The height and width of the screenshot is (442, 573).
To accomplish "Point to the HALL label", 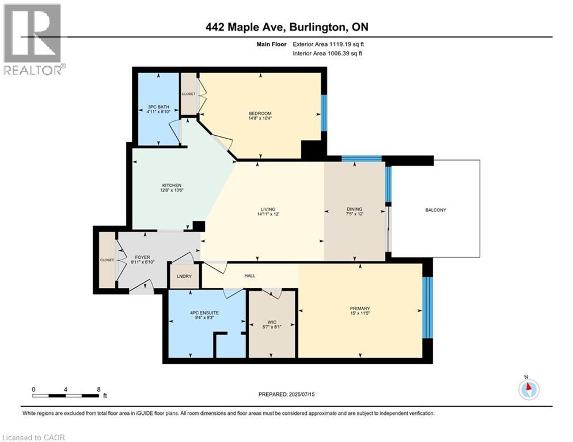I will (x=249, y=276).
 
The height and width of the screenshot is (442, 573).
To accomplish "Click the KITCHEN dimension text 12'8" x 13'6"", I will (x=171, y=192).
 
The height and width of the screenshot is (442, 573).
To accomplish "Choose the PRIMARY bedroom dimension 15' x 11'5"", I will (x=359, y=314).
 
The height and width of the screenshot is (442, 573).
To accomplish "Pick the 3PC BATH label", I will (x=157, y=106).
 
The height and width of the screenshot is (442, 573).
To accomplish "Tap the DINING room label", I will (x=354, y=209).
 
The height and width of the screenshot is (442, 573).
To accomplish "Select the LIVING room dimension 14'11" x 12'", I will (x=267, y=215).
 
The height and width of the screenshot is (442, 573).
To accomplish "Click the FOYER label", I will (x=143, y=257).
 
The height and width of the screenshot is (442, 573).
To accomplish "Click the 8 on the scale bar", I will (x=98, y=389).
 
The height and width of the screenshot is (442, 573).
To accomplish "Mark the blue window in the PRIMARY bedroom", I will (x=427, y=308).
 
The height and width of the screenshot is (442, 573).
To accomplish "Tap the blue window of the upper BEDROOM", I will (x=324, y=113).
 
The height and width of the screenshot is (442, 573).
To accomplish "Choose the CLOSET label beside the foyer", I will (x=107, y=260).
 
